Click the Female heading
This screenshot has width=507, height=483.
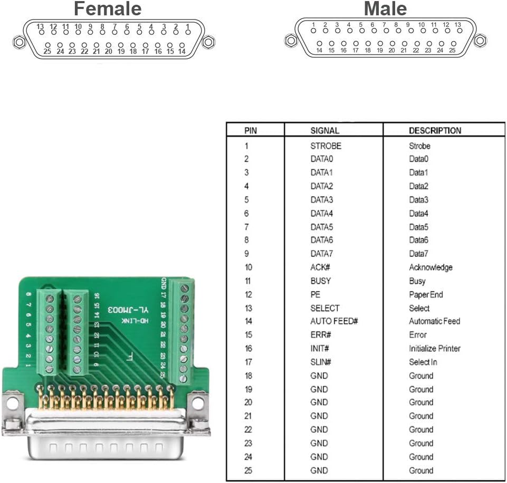108,9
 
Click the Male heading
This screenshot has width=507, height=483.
386,9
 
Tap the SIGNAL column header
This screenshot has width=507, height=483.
324,131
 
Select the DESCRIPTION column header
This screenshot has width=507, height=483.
435,131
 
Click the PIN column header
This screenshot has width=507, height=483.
251,131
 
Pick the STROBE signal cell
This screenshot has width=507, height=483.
326,146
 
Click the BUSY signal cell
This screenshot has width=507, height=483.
320,281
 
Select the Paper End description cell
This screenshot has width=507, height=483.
426,294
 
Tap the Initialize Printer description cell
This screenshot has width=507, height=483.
434,349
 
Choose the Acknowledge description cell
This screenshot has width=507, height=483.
431,267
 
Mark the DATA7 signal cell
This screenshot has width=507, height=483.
322,254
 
